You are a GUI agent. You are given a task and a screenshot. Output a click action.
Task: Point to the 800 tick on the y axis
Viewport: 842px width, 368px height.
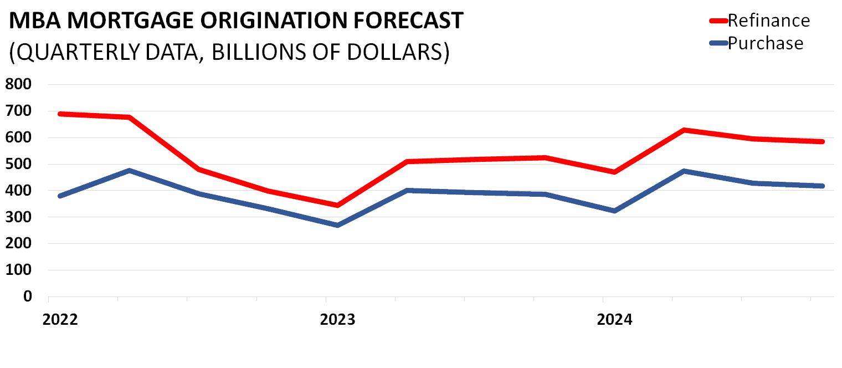click(x=19, y=85)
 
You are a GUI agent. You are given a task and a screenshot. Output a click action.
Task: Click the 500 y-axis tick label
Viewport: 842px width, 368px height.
click(x=19, y=165)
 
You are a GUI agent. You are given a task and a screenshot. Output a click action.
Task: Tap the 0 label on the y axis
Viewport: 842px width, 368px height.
click(x=27, y=297)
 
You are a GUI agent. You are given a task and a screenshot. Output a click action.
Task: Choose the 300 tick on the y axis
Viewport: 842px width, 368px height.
click(x=19, y=217)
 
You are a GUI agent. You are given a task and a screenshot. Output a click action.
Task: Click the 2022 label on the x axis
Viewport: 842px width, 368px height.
click(x=59, y=320)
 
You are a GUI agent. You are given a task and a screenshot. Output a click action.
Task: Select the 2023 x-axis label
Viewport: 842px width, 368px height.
click(x=337, y=320)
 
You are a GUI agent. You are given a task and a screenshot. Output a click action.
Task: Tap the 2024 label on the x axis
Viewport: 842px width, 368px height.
click(x=614, y=320)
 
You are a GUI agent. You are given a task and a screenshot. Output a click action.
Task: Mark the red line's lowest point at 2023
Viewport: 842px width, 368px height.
click(x=337, y=206)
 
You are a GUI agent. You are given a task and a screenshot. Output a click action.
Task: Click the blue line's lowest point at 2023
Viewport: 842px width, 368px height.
click(x=337, y=225)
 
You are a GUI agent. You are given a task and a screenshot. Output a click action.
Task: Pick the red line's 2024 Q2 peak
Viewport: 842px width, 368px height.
click(x=684, y=130)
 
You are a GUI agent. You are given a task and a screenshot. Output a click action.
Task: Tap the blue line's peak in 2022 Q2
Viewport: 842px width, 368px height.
click(x=129, y=170)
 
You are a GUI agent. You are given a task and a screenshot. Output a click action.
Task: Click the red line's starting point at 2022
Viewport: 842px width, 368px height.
click(x=60, y=114)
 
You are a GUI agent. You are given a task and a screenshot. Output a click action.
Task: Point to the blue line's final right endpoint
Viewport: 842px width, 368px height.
click(x=823, y=186)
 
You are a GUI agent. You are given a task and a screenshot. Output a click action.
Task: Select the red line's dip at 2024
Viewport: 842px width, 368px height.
click(x=614, y=172)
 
